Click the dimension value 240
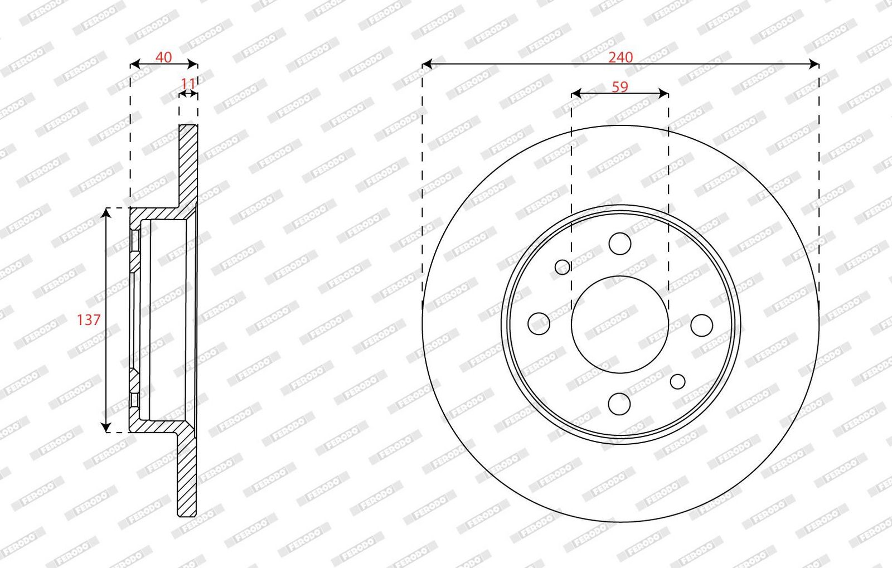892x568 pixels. tap(620, 57)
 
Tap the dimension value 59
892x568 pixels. tap(619, 87)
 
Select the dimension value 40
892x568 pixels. tap(163, 57)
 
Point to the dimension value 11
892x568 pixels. tap(188, 84)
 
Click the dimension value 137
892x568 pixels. tap(89, 319)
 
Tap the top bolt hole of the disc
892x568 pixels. tap(619, 244)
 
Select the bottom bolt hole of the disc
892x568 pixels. tap(619, 404)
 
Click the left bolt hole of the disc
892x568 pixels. tap(539, 324)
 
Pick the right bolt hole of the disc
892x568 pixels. tap(702, 325)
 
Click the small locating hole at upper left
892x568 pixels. tap(563, 267)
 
